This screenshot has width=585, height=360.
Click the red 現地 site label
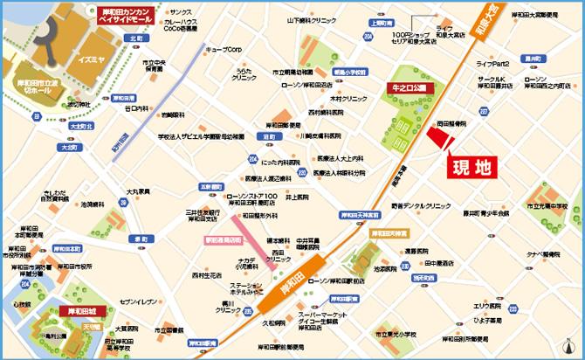[x=470, y=167]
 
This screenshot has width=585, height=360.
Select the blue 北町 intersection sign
[x=134, y=38]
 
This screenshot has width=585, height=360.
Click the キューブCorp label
[x=222, y=50]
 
